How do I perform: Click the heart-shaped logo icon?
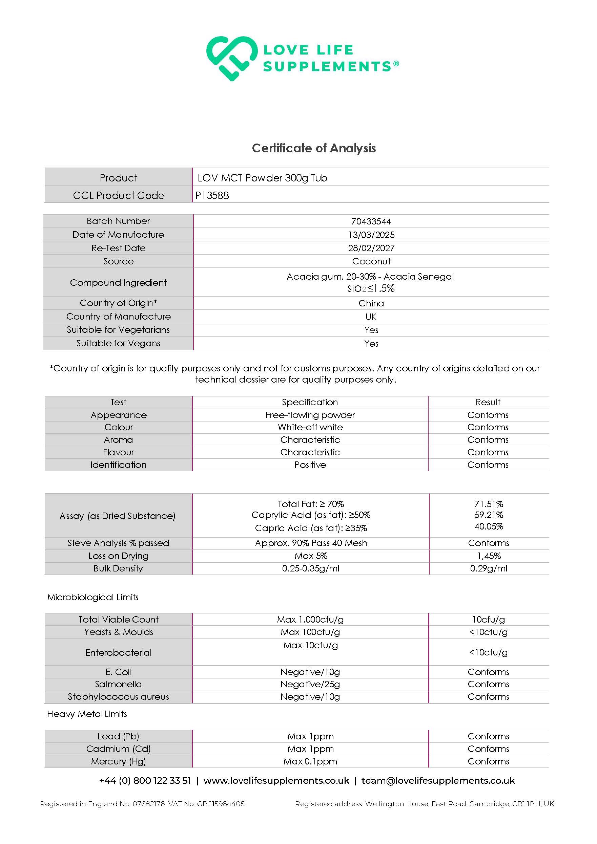[x=231, y=58]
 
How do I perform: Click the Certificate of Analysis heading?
[x=314, y=148]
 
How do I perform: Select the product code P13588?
[x=212, y=195]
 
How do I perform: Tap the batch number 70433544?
[x=371, y=221]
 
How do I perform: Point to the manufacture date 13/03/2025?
[x=371, y=235]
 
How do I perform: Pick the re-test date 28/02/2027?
[x=371, y=248]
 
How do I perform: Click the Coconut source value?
[x=371, y=261]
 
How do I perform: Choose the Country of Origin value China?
[x=371, y=303]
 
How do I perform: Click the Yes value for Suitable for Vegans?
[x=371, y=343]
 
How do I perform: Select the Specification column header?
[x=310, y=402]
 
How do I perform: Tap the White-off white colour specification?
[x=310, y=427]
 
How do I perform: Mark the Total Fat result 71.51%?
[x=489, y=504]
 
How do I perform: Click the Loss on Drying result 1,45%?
[x=489, y=556]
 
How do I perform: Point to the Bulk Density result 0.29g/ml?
[x=489, y=568]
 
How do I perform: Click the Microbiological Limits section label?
[x=93, y=597]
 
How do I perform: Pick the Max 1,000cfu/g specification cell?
[x=310, y=620]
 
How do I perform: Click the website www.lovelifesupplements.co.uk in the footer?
[x=276, y=780]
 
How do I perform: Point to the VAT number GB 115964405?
[x=221, y=804]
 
